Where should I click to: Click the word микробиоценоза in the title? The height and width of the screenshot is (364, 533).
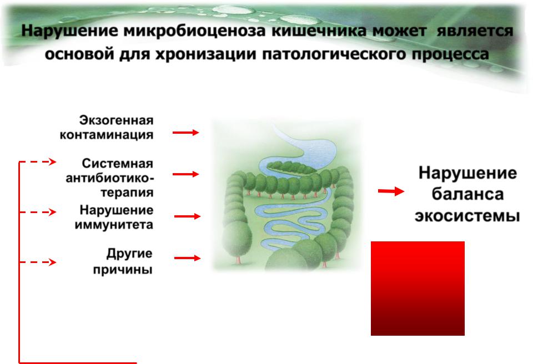point(195,31)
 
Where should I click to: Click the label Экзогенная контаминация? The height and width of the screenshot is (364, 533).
point(107,128)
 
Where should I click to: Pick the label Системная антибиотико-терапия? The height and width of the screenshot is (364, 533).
point(110,178)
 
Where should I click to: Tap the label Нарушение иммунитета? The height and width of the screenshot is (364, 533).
point(114,217)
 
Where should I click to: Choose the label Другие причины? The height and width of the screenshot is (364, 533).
point(123,261)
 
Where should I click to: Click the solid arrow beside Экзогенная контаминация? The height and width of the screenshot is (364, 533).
point(185,132)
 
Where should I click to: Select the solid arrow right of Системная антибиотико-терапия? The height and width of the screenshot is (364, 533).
point(185,174)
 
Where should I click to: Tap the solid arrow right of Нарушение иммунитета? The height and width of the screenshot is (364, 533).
point(187,216)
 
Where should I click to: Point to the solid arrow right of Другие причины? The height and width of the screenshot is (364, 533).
point(187,258)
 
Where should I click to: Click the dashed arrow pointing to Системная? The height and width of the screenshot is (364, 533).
point(37,162)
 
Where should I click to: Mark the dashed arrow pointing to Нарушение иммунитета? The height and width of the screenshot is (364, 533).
point(37,212)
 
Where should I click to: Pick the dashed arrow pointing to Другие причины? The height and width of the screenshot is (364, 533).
point(37,262)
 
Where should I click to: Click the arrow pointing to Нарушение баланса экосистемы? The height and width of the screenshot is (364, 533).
point(391,191)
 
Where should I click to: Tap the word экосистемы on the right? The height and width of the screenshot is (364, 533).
point(467,216)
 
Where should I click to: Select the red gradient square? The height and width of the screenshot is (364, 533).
point(418,288)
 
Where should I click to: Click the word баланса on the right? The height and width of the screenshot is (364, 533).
point(467,194)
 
